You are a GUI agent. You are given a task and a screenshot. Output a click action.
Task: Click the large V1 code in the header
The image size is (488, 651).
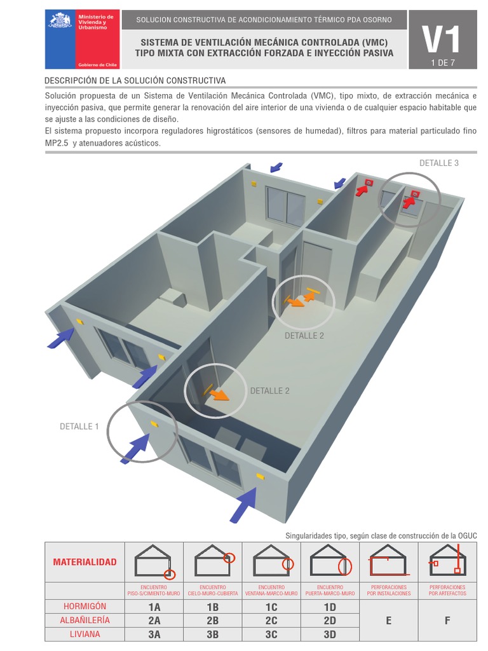click(x=443, y=40)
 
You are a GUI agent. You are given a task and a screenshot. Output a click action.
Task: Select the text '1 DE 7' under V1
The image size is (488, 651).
click(x=443, y=62)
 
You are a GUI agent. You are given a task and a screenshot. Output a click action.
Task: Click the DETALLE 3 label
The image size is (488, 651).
click(x=438, y=163)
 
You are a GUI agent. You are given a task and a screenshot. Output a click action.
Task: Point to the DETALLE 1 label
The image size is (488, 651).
click(x=79, y=427)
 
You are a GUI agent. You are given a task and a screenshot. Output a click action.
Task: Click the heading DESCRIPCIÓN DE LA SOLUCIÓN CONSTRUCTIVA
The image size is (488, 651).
click(x=135, y=81)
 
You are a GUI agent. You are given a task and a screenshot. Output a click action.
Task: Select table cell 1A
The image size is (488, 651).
click(x=154, y=607)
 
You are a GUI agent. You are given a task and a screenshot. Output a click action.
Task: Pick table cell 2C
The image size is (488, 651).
click(x=271, y=620)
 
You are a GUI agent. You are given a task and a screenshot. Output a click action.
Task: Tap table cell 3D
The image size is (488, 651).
click(x=330, y=634)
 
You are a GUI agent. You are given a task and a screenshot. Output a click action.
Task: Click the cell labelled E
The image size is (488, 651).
click(x=388, y=620)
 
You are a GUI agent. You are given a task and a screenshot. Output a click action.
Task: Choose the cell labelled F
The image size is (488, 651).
click(x=447, y=620)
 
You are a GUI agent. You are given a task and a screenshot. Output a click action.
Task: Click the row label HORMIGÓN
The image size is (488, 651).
click(x=85, y=606)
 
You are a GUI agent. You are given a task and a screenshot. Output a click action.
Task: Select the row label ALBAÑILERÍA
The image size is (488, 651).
click(x=85, y=620)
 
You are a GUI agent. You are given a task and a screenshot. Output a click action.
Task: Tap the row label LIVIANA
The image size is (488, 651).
click(x=85, y=634)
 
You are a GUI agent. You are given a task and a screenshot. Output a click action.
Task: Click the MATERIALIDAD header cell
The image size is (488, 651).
click(x=85, y=562)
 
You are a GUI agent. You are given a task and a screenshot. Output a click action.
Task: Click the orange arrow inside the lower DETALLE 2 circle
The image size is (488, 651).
click(x=219, y=395)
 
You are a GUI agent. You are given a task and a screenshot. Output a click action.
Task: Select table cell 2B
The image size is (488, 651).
click(x=212, y=620)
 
